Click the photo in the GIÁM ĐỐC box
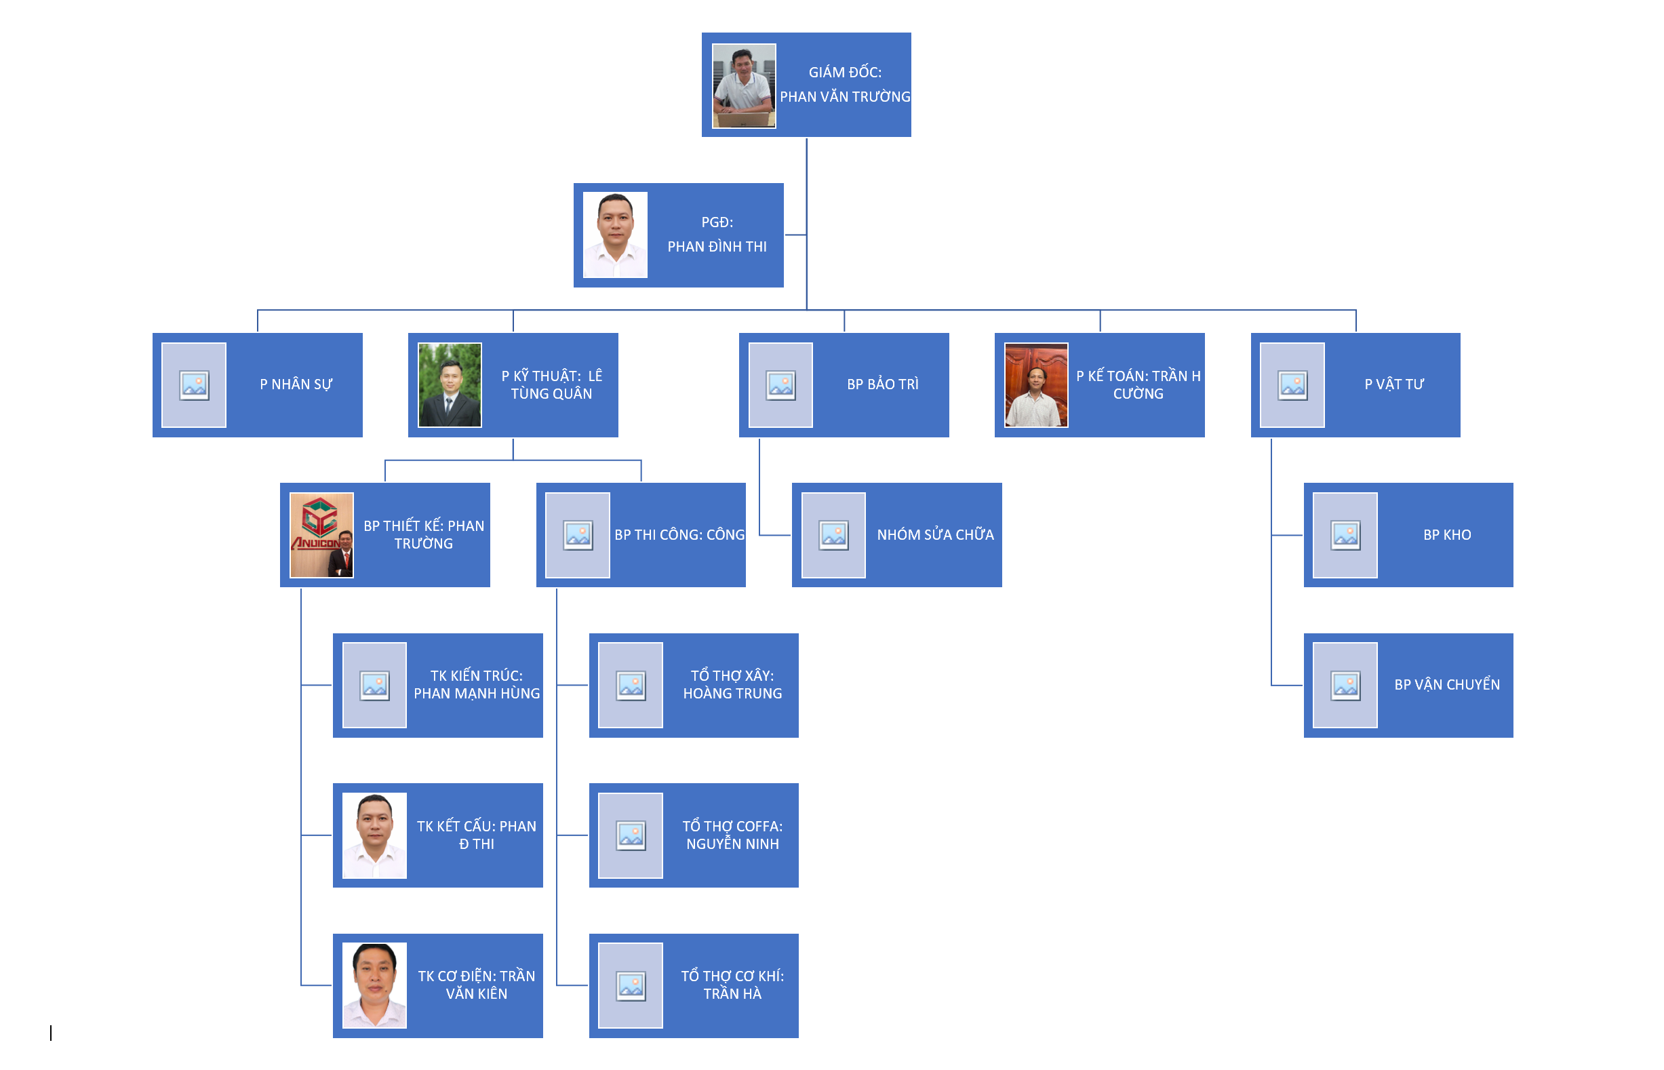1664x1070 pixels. (743, 85)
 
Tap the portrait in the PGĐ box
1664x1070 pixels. (615, 235)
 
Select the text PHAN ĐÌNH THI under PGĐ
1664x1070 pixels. (717, 247)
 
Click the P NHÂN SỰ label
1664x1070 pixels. (296, 384)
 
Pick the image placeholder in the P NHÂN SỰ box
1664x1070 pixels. (194, 385)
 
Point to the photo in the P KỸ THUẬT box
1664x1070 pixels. (450, 385)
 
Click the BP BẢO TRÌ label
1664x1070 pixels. (882, 384)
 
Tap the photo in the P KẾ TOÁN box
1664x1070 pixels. (1036, 385)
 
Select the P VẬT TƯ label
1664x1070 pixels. (1393, 384)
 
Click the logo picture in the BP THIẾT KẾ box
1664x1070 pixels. (321, 535)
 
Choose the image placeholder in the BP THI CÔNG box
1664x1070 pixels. (577, 535)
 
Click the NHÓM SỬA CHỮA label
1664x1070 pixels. (935, 535)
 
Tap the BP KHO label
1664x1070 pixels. (1446, 535)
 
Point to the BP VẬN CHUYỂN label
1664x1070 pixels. (1446, 685)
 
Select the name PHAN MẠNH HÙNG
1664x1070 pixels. (477, 694)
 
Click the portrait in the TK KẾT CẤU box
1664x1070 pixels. (374, 835)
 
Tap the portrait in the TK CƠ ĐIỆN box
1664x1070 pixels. (374, 985)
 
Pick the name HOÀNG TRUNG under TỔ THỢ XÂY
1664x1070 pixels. (732, 694)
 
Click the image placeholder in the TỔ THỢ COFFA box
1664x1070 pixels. (630, 835)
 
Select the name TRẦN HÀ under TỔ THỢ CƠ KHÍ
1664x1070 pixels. (732, 994)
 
